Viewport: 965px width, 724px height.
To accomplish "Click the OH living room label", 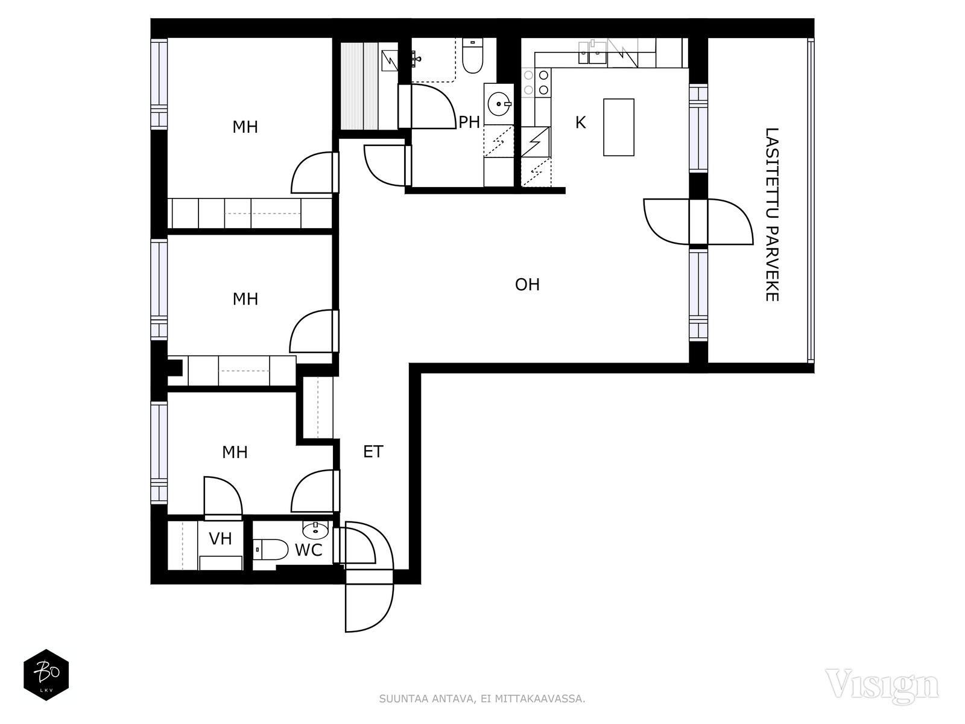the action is pos(527,285).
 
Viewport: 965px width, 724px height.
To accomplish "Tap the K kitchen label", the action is pos(580,122).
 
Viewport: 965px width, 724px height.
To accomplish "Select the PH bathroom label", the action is pos(469,122).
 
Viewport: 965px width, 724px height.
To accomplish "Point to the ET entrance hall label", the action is pos(373,452).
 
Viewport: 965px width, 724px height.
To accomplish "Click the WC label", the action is pos(309,550).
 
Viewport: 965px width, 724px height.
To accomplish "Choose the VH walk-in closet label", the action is pos(220,539).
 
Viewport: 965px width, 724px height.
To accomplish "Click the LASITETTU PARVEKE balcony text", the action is pos(772,215).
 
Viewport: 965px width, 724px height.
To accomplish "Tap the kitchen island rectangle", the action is pos(619,127).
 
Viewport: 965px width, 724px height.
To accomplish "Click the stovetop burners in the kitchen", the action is pos(536,83).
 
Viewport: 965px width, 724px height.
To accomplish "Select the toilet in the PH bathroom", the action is pos(473,56).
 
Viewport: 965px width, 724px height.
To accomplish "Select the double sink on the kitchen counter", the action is pos(592,52).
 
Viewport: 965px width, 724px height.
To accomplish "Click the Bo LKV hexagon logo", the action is pos(46,675).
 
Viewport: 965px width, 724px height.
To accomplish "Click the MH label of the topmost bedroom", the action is pos(245,127).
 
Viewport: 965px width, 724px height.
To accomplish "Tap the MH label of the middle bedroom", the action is pos(245,299).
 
